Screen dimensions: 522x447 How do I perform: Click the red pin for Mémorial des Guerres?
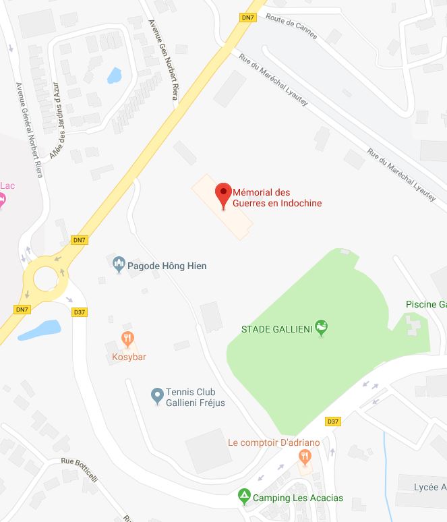(223, 194)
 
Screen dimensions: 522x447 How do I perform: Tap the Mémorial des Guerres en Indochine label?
(276, 198)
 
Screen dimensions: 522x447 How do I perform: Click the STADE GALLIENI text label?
(276, 329)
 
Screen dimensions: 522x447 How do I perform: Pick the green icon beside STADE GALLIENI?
(322, 328)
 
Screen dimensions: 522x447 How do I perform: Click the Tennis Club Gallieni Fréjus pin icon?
(156, 394)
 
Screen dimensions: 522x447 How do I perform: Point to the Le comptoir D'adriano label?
(274, 442)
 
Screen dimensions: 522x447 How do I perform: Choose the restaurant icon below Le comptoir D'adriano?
(305, 458)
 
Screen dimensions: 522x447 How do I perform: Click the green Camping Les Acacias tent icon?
(244, 498)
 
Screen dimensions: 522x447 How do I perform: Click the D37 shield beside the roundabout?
(79, 312)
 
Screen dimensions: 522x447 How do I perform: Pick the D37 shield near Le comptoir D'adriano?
(332, 422)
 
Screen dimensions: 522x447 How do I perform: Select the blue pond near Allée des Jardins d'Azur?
(114, 74)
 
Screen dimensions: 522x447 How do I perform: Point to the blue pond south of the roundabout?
(40, 330)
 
